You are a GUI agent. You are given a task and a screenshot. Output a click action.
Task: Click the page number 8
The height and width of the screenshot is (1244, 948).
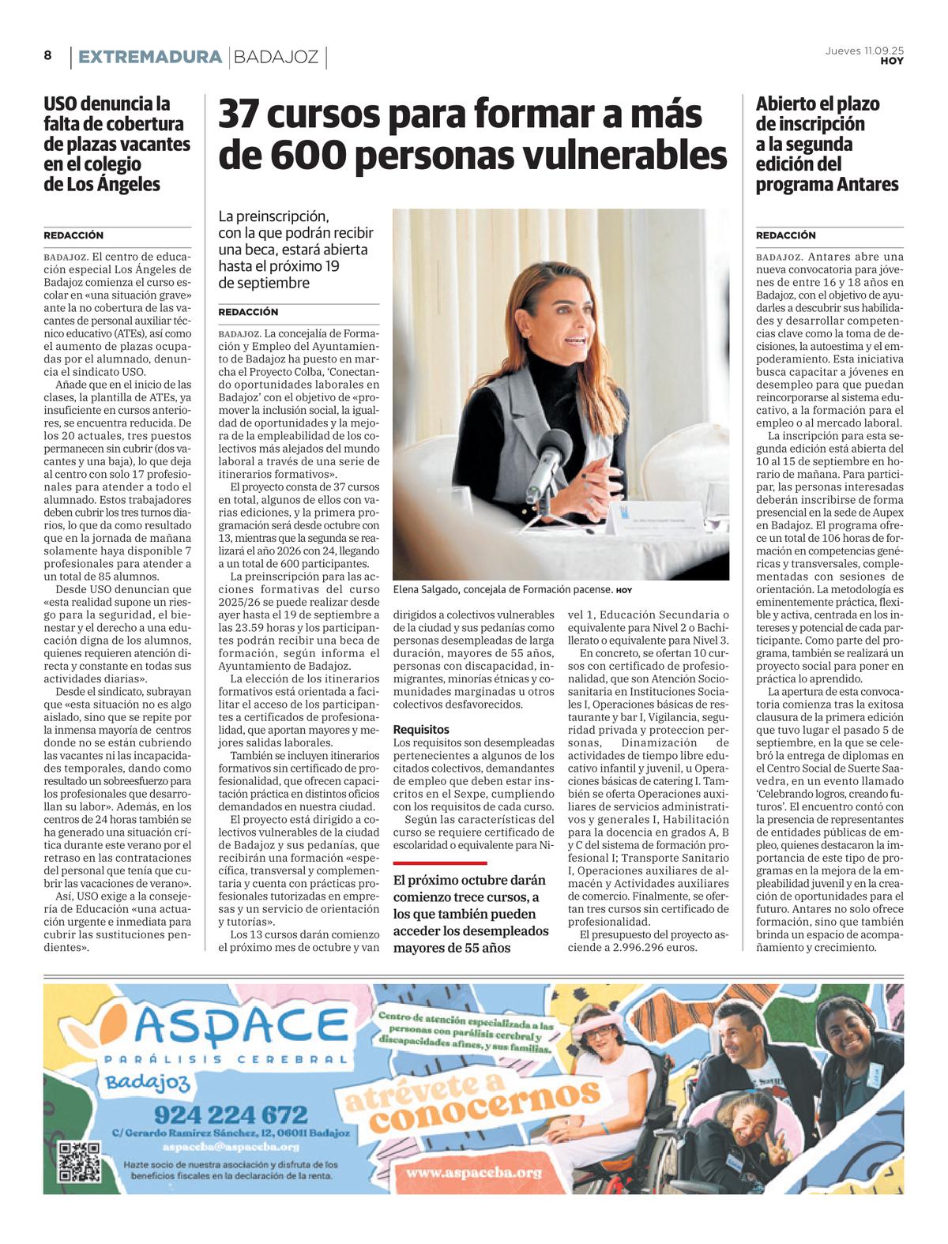point(48,55)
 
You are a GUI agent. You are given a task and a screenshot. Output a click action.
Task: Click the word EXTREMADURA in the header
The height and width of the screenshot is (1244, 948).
point(150,57)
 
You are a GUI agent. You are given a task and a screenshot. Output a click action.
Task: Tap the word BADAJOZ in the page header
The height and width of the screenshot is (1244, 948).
point(276,57)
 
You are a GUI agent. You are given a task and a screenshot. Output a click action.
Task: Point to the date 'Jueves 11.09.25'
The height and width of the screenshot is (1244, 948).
point(864,50)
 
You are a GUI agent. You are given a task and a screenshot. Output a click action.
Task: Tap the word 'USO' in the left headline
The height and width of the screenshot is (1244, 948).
point(62,103)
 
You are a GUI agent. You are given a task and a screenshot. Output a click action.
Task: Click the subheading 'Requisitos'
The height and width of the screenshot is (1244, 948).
point(421,729)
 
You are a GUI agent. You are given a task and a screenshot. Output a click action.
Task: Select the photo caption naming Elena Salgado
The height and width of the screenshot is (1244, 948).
point(502,589)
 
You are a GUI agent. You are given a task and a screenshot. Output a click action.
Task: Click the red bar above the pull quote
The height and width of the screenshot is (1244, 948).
point(440,863)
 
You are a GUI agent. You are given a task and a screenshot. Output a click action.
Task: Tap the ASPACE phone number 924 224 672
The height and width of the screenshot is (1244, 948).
point(231,1114)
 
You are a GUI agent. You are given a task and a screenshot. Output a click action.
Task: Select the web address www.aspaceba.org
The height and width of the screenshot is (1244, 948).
point(475,1172)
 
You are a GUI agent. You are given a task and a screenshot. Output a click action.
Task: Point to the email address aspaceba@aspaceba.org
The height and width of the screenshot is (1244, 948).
point(231,1147)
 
